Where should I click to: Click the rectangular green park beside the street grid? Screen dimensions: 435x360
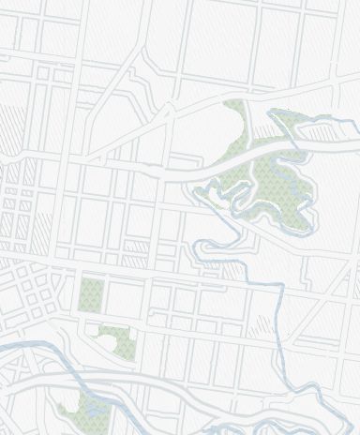click(x=91, y=294)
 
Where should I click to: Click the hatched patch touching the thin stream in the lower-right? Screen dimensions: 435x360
click(x=261, y=327)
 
